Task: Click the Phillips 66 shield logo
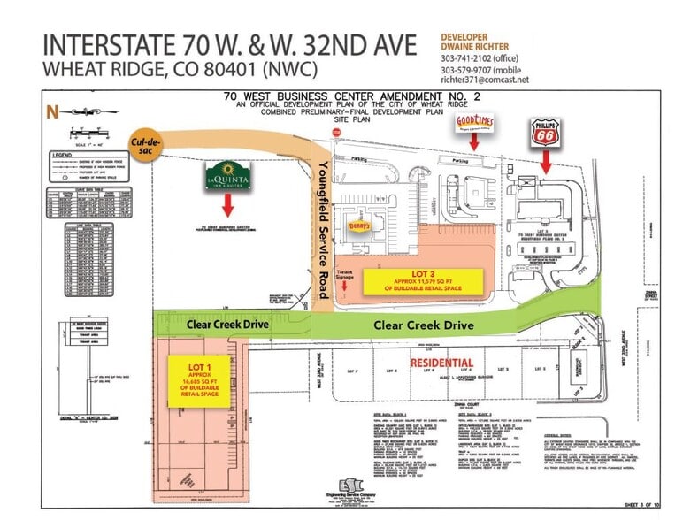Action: click(546, 134)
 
